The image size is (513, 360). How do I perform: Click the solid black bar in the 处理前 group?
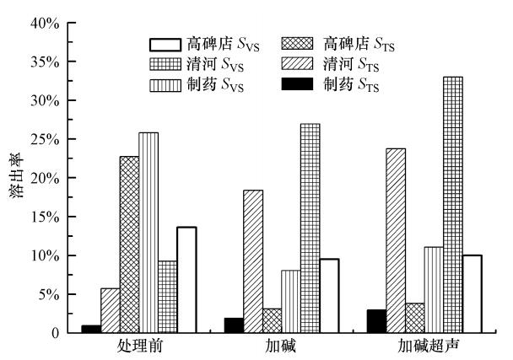[91, 329]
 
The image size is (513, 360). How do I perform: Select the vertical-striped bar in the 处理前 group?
[148, 233]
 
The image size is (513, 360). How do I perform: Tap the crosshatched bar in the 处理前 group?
[129, 244]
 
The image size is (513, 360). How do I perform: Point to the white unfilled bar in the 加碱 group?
[329, 296]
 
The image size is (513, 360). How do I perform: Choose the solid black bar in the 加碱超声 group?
[376, 321]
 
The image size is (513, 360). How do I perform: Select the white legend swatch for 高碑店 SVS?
[166, 43]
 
